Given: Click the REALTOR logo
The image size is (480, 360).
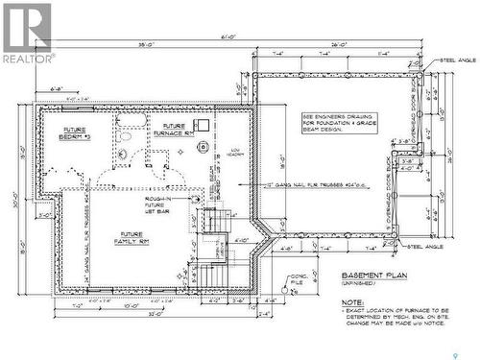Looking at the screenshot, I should coord(26,33).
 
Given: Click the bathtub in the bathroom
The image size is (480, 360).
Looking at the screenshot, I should coord(131,122).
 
